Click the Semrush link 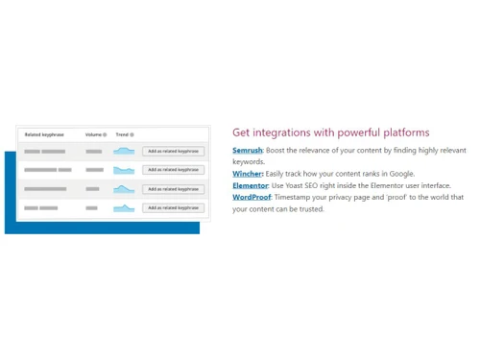pos(247,151)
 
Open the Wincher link pos(247,174)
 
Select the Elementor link pos(250,185)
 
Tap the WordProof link pos(252,197)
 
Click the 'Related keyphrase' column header pos(46,134)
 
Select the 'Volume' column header pos(93,134)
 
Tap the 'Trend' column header pos(122,134)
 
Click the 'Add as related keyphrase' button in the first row pos(173,151)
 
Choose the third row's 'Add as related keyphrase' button pos(173,189)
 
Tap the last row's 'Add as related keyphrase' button pos(173,207)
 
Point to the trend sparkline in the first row pos(124,151)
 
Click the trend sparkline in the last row pos(124,207)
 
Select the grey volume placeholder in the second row pos(93,170)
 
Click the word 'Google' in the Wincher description pos(400,174)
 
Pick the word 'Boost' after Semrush pos(276,151)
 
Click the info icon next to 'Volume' pos(104,134)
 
